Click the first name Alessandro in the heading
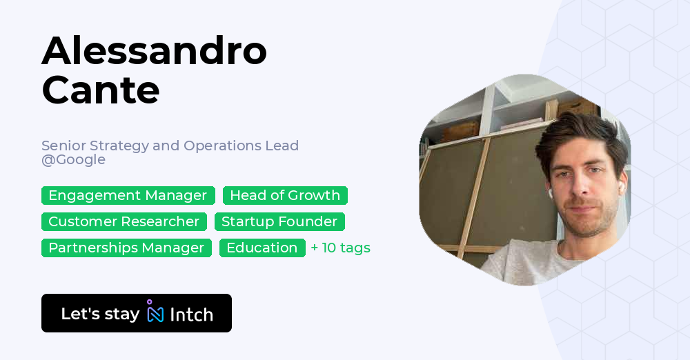click(x=155, y=51)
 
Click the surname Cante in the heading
click(x=101, y=90)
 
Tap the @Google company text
click(x=74, y=160)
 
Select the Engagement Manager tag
click(x=128, y=195)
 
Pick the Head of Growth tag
click(x=285, y=195)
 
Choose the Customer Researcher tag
click(x=124, y=221)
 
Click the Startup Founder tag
click(x=279, y=221)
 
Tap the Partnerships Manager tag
click(x=126, y=248)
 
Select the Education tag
click(x=262, y=248)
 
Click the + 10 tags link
click(x=341, y=248)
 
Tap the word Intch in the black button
click(x=191, y=314)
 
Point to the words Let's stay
click(x=100, y=314)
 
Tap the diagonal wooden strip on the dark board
click(x=474, y=198)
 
